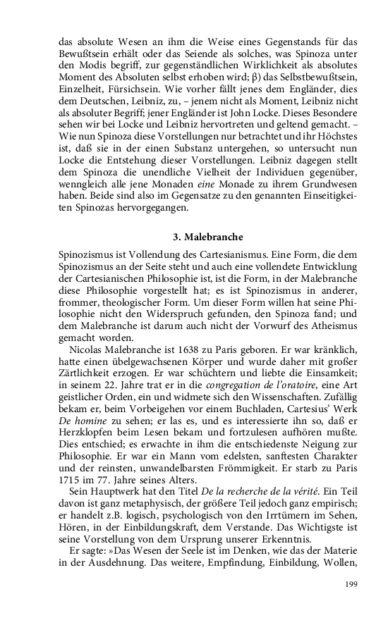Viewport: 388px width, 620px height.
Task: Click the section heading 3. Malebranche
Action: tap(208, 237)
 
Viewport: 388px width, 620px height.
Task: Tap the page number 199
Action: tap(351, 585)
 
